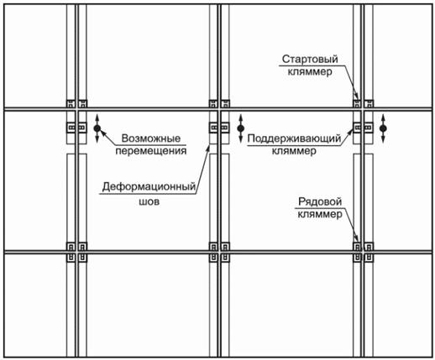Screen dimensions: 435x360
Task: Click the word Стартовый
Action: tap(310, 59)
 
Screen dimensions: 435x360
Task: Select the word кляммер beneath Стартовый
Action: tap(310, 71)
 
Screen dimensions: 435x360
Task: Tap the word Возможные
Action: tap(151, 138)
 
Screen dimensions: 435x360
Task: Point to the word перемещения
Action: tap(151, 151)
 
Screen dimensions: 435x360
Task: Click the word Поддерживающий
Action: tap(294, 138)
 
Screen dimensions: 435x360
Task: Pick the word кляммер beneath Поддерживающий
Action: tap(294, 151)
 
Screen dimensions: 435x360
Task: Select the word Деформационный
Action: tap(149, 186)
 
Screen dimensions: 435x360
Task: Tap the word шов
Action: tap(149, 201)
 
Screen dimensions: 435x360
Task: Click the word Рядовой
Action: tap(320, 201)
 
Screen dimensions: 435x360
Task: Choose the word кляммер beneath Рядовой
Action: tap(320, 215)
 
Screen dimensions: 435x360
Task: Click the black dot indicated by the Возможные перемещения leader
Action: tap(97, 128)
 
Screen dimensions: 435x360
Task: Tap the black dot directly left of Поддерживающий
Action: tap(240, 128)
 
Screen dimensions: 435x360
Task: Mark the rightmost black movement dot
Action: tap(383, 128)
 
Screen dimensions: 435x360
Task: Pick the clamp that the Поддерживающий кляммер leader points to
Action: tap(357, 128)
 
